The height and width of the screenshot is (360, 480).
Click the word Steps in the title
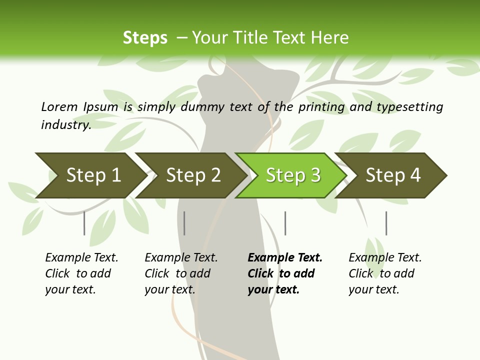[145, 37]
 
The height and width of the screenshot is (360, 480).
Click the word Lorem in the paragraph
[59, 106]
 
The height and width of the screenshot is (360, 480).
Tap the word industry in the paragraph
[65, 124]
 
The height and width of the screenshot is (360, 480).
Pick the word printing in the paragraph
[321, 106]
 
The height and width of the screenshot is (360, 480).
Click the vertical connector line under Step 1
[84, 223]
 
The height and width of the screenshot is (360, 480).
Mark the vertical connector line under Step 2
[184, 223]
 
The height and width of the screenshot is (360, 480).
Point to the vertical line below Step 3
[285, 223]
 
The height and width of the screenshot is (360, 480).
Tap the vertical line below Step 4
[386, 223]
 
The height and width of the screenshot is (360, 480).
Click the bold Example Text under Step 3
[285, 257]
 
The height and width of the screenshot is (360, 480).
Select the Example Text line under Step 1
[81, 257]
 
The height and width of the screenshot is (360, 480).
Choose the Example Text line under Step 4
[385, 257]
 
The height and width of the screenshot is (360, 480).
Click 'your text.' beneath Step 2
[170, 289]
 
